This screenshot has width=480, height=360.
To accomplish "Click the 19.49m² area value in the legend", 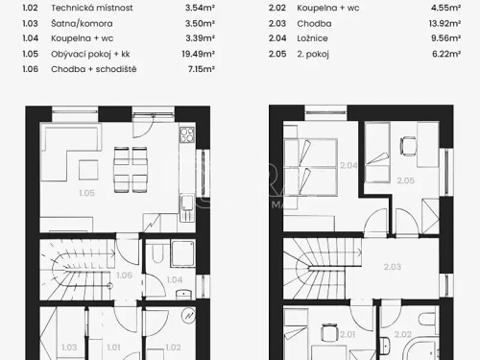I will (200, 54).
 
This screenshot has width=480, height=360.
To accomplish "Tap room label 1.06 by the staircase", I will (122, 276).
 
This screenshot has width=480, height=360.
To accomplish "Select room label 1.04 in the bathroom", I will (173, 279).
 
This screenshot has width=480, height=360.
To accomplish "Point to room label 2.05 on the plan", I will (407, 180).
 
